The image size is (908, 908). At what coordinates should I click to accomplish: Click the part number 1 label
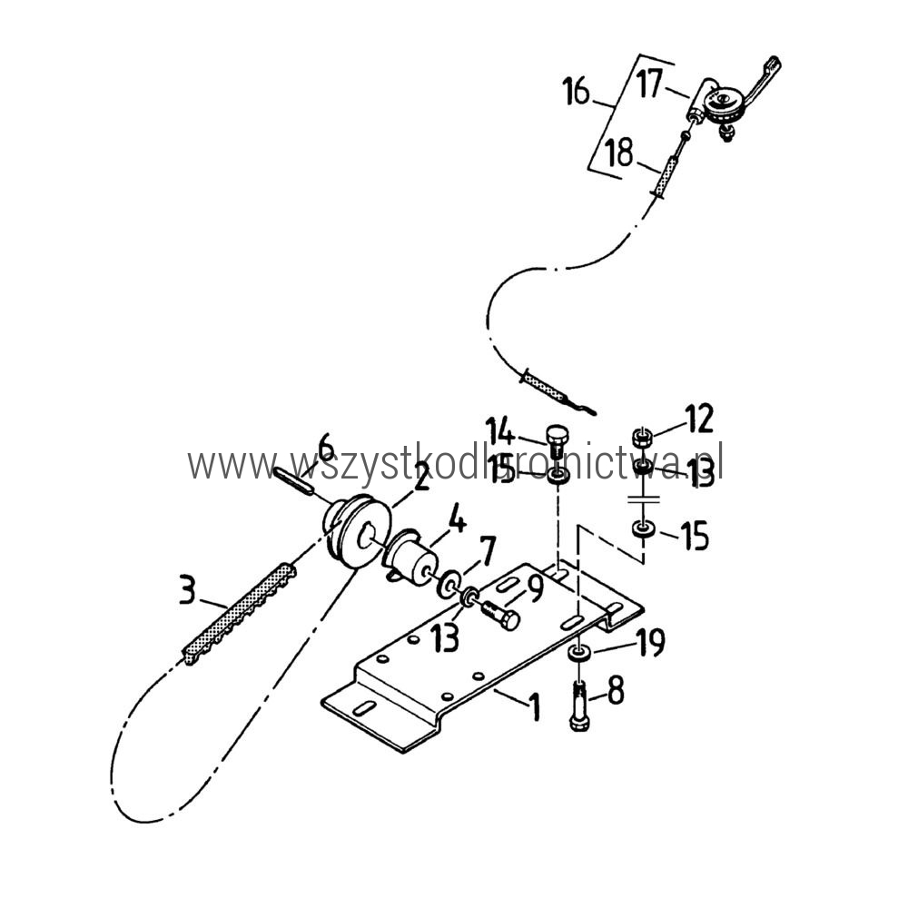pos(533,704)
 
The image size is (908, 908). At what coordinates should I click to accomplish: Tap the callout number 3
pos(186,591)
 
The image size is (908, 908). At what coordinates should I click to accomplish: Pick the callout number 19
pos(651,643)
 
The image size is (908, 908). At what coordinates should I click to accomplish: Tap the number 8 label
pos(615,692)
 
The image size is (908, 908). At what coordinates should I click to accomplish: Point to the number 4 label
pos(457,522)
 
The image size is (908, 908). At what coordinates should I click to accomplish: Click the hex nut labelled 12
pos(644,435)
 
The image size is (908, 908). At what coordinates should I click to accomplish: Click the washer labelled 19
pos(578,652)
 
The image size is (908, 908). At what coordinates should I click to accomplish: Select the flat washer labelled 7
pos(449,584)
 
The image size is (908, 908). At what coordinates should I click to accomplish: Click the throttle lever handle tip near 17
pos(773,64)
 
